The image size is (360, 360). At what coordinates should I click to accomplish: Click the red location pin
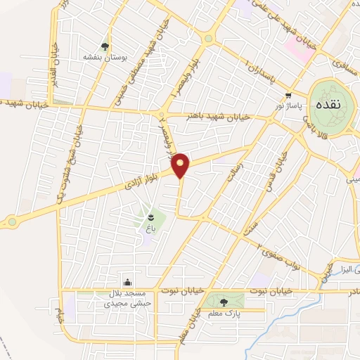[x=181, y=165]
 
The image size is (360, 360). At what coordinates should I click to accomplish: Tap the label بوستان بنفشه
[x=105, y=56]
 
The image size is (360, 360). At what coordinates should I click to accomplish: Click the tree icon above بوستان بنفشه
[x=105, y=46]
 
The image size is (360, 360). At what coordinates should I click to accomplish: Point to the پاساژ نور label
[x=287, y=105]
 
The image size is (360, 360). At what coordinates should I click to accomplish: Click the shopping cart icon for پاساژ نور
[x=288, y=95]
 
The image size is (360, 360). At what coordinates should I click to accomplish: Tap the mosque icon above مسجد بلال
[x=127, y=283]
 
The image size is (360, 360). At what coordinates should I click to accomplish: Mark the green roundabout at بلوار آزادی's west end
[x=12, y=222]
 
